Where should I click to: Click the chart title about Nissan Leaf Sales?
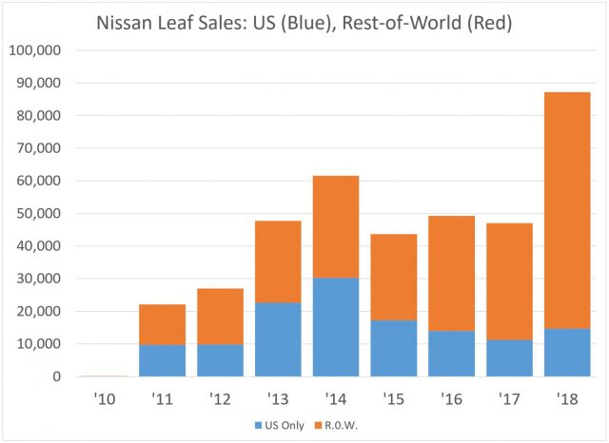pos(304,22)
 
